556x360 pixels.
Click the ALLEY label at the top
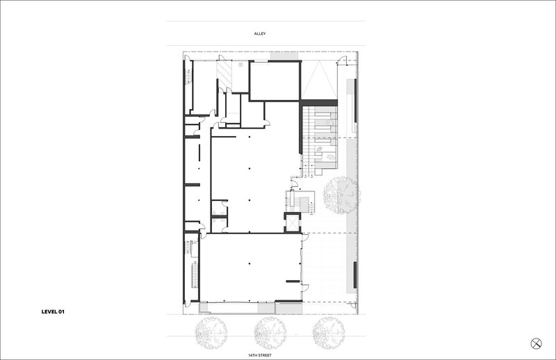[259, 33]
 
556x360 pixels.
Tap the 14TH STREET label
[259, 354]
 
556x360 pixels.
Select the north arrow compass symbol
[536, 343]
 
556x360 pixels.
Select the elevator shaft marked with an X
[290, 223]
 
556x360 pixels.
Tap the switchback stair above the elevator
[301, 202]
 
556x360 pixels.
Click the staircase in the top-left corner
[187, 76]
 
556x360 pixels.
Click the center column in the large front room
[248, 264]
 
